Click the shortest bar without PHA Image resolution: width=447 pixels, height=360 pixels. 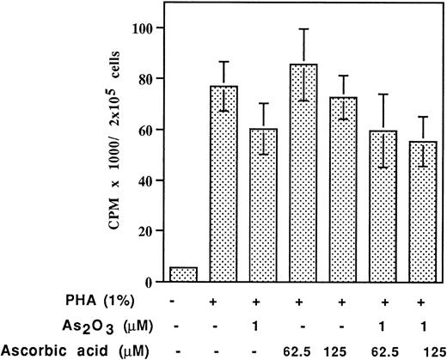(184, 275)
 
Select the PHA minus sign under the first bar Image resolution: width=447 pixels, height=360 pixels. (184, 305)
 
